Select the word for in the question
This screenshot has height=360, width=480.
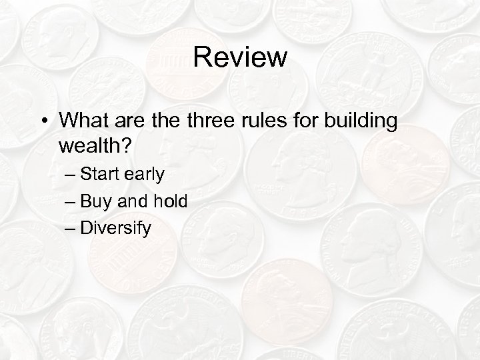point(303,121)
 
